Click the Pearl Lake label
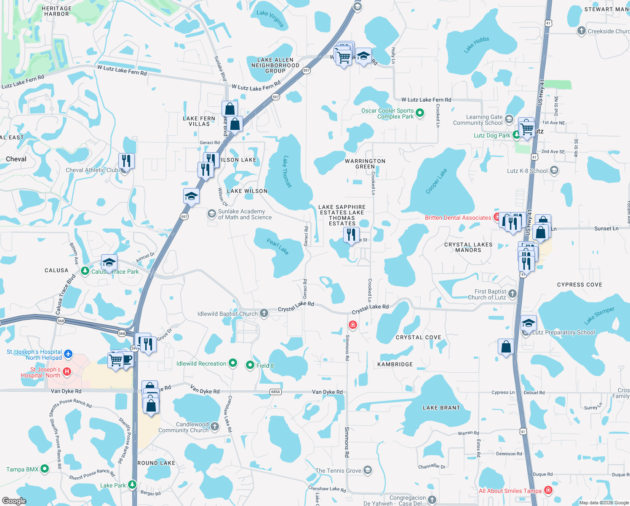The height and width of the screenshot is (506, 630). point(278,247)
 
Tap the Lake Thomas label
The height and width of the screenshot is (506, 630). point(287,172)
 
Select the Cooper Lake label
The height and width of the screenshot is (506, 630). point(436,181)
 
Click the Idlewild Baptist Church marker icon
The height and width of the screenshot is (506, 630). point(264,313)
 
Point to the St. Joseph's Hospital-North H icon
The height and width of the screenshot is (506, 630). point(67,371)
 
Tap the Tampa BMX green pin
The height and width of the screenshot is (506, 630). point(45,469)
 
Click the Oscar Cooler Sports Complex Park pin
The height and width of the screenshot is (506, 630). point(420,113)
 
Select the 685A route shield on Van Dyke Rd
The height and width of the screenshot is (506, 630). point(275,392)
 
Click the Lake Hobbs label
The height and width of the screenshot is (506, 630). point(476,45)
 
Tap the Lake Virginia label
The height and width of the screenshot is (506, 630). point(270,19)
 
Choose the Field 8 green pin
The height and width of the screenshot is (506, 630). point(250,365)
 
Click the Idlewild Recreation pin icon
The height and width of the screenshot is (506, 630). point(232,363)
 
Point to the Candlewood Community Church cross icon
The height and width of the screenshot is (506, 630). point(215,427)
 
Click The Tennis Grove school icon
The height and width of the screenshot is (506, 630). point(368,470)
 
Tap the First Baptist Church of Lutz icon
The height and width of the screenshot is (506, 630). point(512,293)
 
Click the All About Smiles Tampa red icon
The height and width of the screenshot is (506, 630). point(548,490)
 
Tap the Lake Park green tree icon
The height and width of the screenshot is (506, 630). point(132,485)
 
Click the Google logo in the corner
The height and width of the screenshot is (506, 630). point(14,501)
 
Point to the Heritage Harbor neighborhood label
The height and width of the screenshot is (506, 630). point(56,11)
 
